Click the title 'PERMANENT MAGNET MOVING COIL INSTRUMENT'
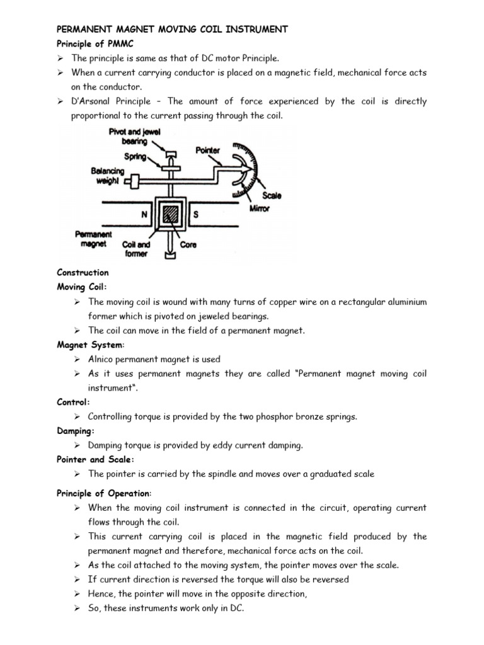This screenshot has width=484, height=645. click(x=172, y=29)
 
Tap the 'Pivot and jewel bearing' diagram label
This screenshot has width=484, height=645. click(x=127, y=137)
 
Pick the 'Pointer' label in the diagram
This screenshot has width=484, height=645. click(x=208, y=151)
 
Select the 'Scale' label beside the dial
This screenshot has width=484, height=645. click(x=272, y=196)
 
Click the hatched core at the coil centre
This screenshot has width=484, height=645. click(x=170, y=215)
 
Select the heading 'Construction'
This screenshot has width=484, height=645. click(x=83, y=273)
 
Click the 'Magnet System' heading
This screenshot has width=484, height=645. click(x=90, y=345)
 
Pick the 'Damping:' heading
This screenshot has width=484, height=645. click(x=76, y=431)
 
